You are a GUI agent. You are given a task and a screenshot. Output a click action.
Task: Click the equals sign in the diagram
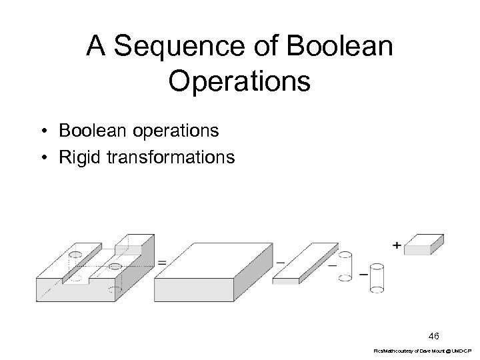pyautogui.click(x=162, y=263)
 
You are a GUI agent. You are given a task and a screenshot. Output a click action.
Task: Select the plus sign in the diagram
pyautogui.click(x=397, y=245)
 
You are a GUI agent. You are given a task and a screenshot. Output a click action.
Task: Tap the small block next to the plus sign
pyautogui.click(x=425, y=244)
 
